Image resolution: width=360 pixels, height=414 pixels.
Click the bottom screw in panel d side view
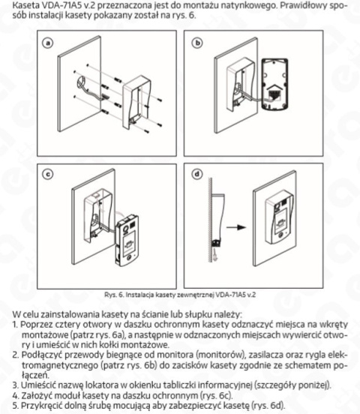pos(217,244)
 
